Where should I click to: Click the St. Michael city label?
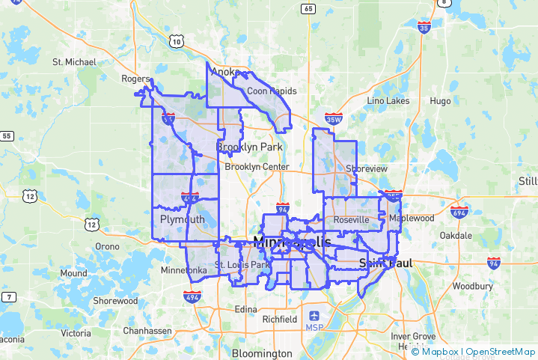coord(74,61)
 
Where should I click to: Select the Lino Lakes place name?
coord(388,100)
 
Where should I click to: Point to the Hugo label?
coord(440,100)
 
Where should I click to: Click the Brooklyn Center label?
coord(256,167)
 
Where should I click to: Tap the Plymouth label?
coord(182,219)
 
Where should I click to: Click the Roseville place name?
coord(352,220)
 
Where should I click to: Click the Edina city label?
coord(245,309)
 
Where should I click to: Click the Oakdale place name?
coord(456,235)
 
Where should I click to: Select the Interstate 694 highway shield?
coord(459,212)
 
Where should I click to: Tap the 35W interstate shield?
coord(334,119)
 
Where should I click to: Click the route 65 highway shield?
coord(308,9)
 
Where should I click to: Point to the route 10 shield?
coord(177,42)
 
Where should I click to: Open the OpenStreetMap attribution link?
coord(501,351)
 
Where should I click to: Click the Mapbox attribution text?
coord(441,351)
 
